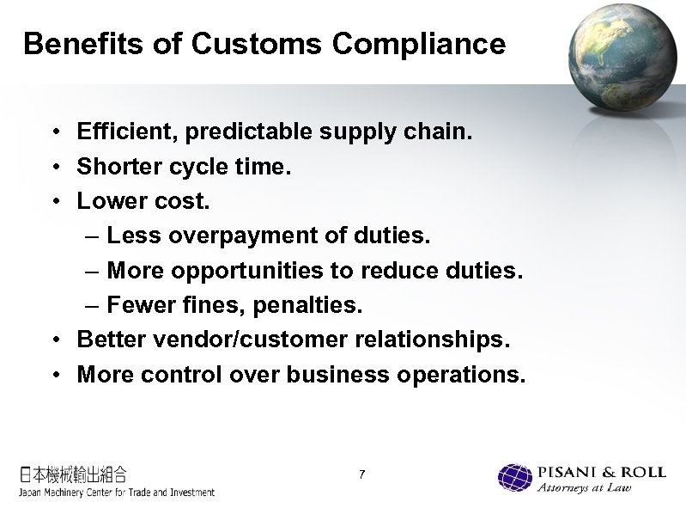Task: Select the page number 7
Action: click(363, 475)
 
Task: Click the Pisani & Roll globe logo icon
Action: click(515, 478)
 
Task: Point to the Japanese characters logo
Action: click(74, 474)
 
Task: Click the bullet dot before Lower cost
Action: click(54, 202)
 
